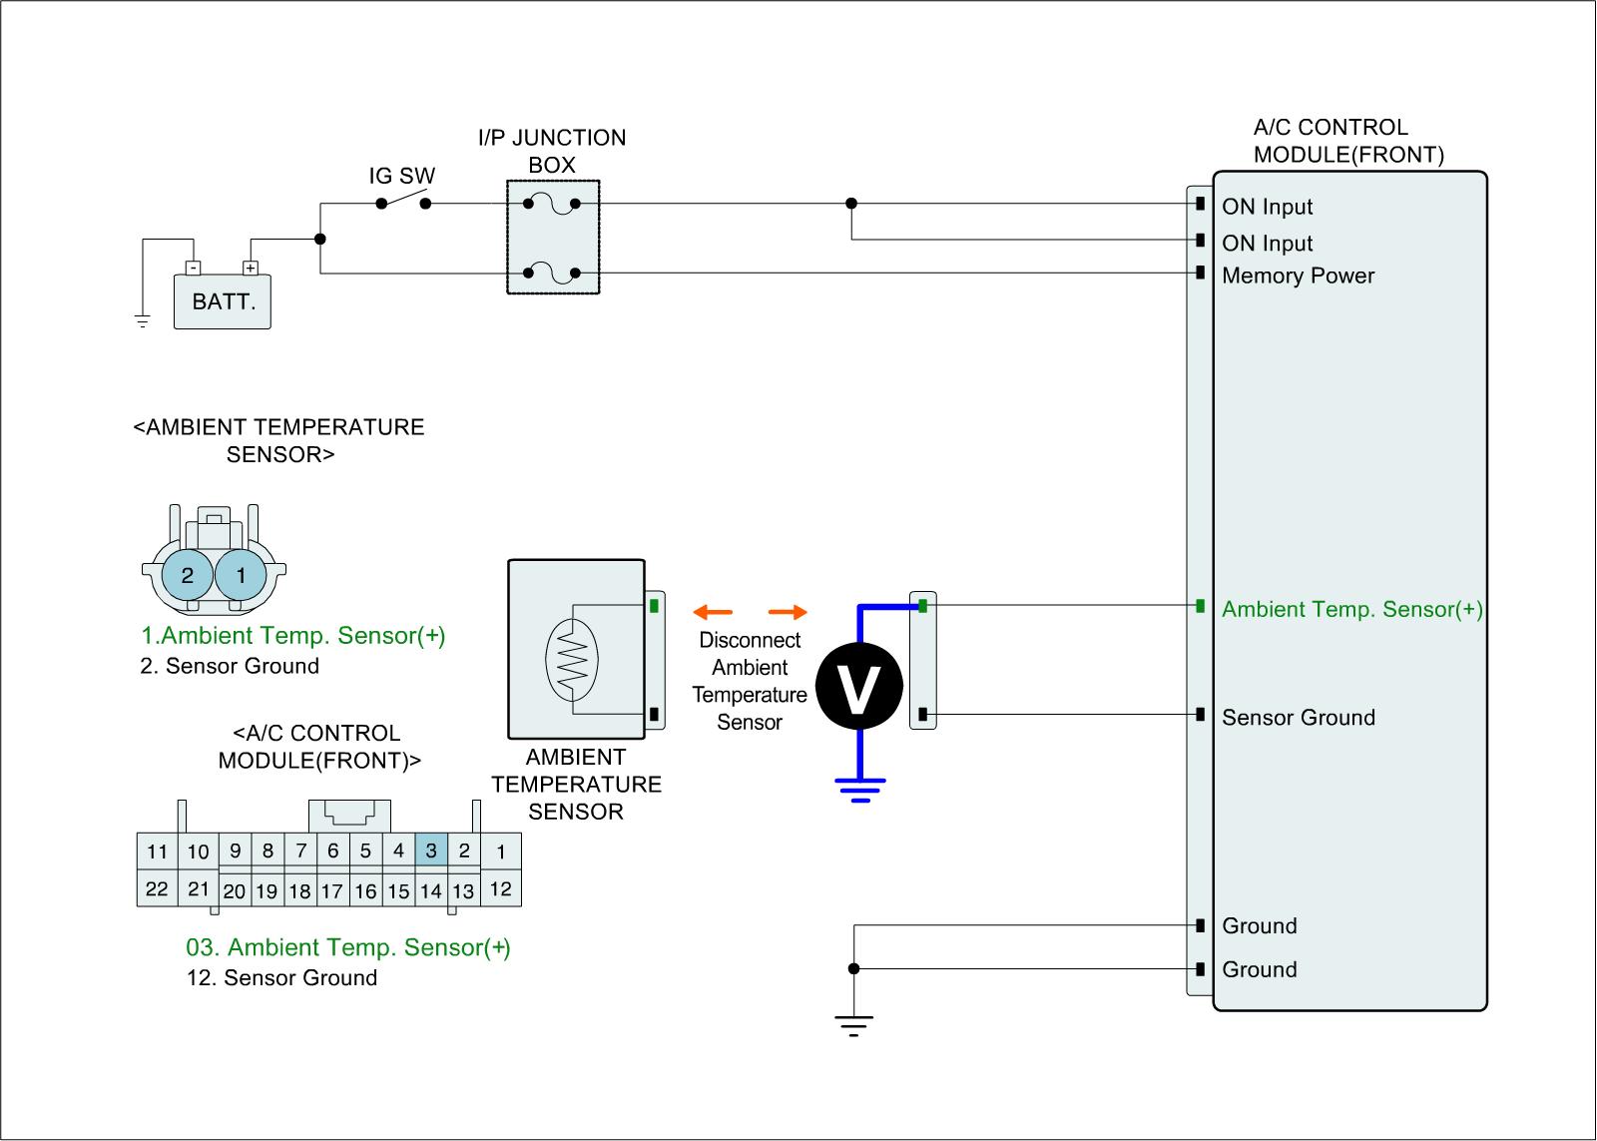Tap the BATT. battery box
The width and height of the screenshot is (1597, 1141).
[223, 301]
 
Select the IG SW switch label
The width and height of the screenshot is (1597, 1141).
[402, 177]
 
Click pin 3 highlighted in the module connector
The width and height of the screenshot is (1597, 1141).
[431, 852]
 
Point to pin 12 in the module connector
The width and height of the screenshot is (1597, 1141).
[500, 888]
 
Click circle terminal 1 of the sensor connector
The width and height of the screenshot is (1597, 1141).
[241, 575]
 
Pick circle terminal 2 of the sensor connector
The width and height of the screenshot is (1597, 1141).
[188, 575]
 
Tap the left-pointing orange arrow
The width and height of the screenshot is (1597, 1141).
[713, 612]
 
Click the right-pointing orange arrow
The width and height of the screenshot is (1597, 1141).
[788, 612]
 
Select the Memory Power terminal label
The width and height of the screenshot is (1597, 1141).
[1298, 277]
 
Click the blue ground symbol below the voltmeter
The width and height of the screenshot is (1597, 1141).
[859, 789]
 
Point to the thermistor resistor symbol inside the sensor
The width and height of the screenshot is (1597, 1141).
[571, 659]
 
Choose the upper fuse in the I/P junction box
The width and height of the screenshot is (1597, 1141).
[552, 205]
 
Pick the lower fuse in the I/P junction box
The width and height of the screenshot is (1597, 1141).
[552, 272]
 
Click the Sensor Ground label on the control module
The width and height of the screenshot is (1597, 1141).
[1298, 718]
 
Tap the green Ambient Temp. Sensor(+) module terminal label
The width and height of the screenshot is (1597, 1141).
[1351, 610]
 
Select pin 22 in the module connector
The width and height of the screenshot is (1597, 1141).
[157, 888]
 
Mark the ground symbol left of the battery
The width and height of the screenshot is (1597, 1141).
[143, 320]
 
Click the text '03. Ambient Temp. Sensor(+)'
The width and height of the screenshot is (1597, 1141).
[348, 947]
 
